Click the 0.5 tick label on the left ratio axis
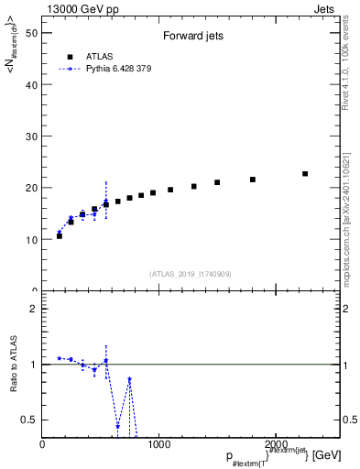(x=30, y=420)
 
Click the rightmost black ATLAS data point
(x=305, y=174)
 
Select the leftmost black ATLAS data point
(x=60, y=235)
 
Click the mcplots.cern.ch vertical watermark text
(x=344, y=202)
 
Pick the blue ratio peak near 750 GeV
(x=130, y=379)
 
